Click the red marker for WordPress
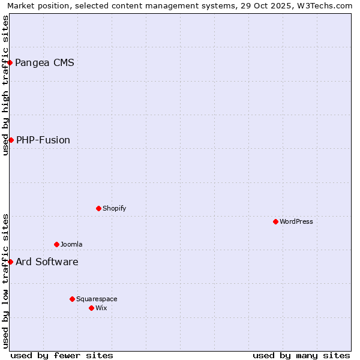[x=275, y=221]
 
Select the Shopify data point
[x=98, y=208]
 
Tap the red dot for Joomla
[x=56, y=244]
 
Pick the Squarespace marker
[x=72, y=299]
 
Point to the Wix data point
[x=91, y=308]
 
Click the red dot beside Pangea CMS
[x=10, y=62]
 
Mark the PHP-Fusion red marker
[x=11, y=140]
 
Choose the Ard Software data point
[x=10, y=262]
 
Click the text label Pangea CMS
[x=44, y=62]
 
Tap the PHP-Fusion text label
[x=43, y=140]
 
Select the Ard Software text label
[x=47, y=262]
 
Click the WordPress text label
[x=296, y=221]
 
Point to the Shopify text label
[x=114, y=208]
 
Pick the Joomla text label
[x=71, y=244]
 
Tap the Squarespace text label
[x=97, y=299]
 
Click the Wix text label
[x=101, y=308]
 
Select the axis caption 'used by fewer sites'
[x=62, y=355]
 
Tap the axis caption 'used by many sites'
[x=301, y=355]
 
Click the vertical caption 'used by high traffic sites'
[x=5, y=85]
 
